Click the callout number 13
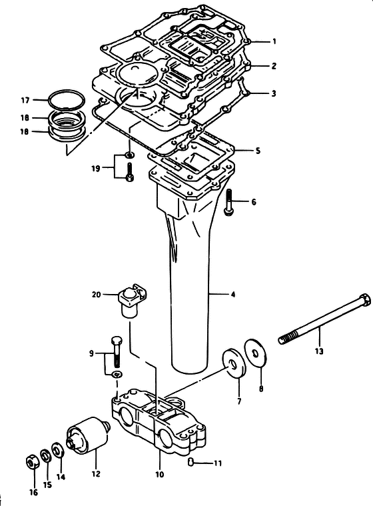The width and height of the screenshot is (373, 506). [x=319, y=351]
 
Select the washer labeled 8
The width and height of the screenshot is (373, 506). [x=256, y=353]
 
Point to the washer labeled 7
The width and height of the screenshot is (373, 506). [x=234, y=363]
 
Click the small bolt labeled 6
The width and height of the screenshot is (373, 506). [x=228, y=202]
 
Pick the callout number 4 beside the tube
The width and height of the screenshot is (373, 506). [x=232, y=294]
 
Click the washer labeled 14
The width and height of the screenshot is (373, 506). [x=59, y=449]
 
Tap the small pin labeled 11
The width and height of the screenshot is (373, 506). [x=190, y=462]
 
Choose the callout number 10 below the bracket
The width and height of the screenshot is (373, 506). [x=160, y=474]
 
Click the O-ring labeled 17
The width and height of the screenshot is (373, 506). [x=67, y=99]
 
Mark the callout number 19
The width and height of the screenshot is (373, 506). [x=96, y=168]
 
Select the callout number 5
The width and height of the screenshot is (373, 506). [x=258, y=151]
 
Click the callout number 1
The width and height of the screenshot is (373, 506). [x=274, y=41]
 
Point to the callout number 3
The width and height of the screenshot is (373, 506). [x=274, y=93]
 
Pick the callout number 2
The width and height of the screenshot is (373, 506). [x=274, y=66]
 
